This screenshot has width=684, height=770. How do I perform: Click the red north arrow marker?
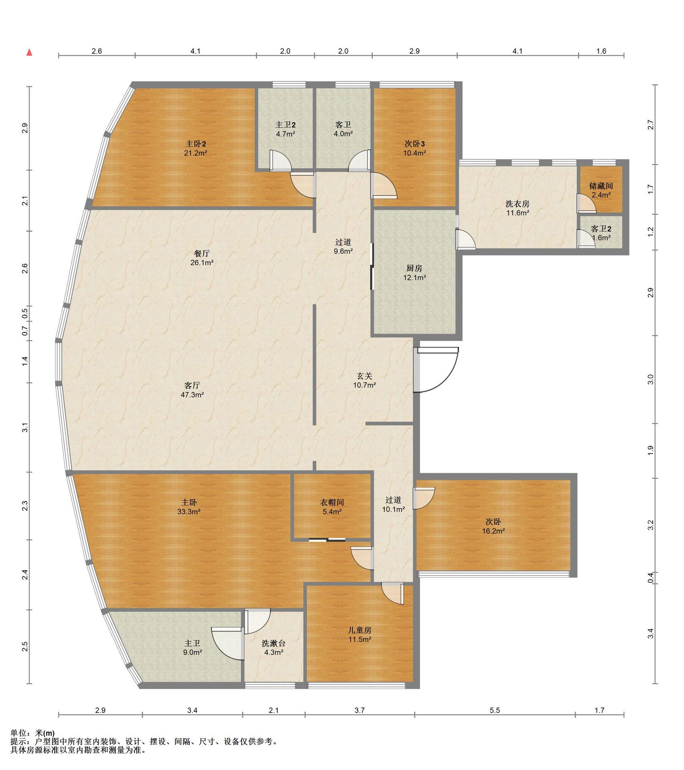pyautogui.click(x=29, y=52)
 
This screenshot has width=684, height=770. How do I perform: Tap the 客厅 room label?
pyautogui.click(x=192, y=385)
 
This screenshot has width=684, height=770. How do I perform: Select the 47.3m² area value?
pyautogui.click(x=192, y=395)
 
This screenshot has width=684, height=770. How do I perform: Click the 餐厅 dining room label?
pyautogui.click(x=202, y=253)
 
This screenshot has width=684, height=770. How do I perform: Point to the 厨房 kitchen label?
pyautogui.click(x=414, y=268)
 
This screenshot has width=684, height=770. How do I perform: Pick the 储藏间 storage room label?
pyautogui.click(x=601, y=186)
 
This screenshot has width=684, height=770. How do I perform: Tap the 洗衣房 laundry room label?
pyautogui.click(x=518, y=204)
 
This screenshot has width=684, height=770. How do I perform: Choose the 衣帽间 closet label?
pyautogui.click(x=332, y=502)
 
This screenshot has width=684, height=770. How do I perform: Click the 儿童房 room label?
pyautogui.click(x=359, y=630)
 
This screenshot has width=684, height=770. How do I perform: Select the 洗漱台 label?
pyautogui.click(x=274, y=643)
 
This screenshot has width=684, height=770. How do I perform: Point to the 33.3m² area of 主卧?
pyautogui.click(x=189, y=512)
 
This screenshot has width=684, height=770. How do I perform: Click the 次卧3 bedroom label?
pyautogui.click(x=414, y=144)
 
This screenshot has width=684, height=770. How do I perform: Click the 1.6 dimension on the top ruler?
pyautogui.click(x=601, y=51)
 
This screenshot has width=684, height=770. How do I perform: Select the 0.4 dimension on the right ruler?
pyautogui.click(x=651, y=578)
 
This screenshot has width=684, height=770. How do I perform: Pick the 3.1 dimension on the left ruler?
pyautogui.click(x=25, y=428)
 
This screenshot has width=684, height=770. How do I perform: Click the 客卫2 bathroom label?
pyautogui.click(x=601, y=229)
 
